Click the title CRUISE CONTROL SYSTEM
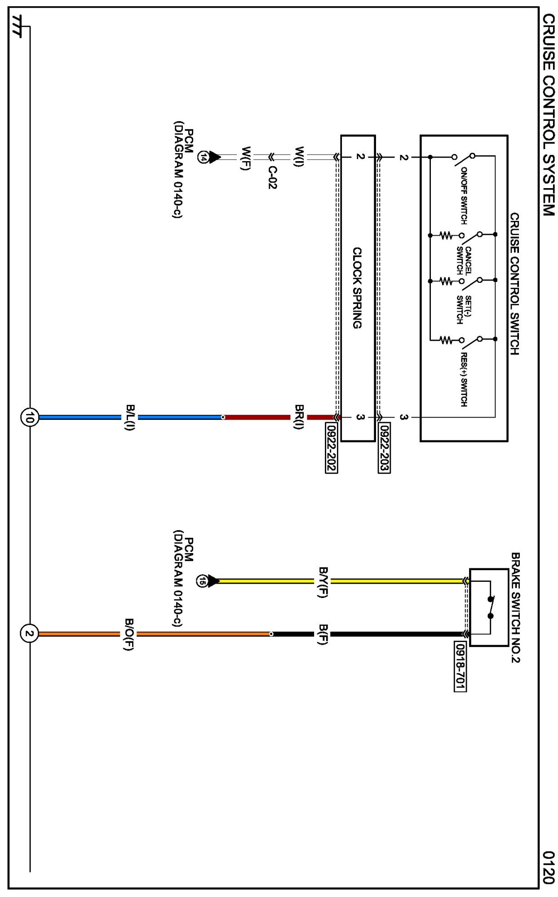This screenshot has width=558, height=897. [548, 115]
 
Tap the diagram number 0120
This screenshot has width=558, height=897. [548, 867]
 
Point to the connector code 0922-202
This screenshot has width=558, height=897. [331, 448]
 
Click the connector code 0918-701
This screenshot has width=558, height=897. [460, 666]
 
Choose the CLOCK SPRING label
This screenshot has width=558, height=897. [357, 288]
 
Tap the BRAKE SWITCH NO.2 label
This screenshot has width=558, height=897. [515, 607]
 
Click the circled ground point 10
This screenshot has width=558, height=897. [29, 417]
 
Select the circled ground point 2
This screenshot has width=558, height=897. [29, 633]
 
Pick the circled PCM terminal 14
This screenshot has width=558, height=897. [204, 157]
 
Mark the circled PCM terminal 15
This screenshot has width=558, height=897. [203, 581]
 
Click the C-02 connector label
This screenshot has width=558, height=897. [272, 177]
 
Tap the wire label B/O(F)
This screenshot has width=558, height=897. [129, 634]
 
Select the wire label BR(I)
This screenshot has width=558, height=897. [299, 417]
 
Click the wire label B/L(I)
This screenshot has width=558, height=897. [130, 417]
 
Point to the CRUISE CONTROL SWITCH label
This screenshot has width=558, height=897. [514, 283]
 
